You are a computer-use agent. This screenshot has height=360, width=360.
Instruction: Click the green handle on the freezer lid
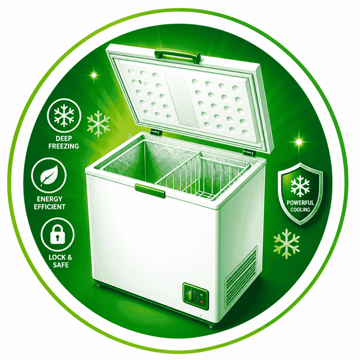point(177,55)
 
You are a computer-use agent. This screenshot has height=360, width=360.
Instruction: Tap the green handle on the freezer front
point(150,190)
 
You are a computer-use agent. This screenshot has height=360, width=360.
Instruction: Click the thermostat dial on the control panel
point(191,295)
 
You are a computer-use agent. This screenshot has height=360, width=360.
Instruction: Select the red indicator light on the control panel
point(202,302)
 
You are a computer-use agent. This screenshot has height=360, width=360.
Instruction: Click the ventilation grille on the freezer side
point(241,277)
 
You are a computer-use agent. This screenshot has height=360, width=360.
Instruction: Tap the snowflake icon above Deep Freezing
point(64,115)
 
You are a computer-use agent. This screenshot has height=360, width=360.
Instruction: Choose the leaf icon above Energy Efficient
point(49,175)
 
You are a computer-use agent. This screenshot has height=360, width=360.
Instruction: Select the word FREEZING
point(64,146)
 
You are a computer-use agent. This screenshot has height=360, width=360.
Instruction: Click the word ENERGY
point(50,199)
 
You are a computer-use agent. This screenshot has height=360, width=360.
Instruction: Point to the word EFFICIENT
point(50,207)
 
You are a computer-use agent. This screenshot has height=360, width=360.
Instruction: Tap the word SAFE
point(61,265)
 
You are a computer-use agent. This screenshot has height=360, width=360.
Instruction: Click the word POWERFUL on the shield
point(300,203)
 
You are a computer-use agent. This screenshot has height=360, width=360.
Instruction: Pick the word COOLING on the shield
point(300,210)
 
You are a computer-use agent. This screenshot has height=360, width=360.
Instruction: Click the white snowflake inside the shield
point(300,186)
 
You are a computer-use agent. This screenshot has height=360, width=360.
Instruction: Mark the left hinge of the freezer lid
point(156,132)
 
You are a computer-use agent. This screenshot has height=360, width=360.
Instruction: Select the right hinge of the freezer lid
point(249,152)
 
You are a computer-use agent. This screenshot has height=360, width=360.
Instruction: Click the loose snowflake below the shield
point(287,244)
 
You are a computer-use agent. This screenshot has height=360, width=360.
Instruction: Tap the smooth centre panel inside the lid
point(181,101)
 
